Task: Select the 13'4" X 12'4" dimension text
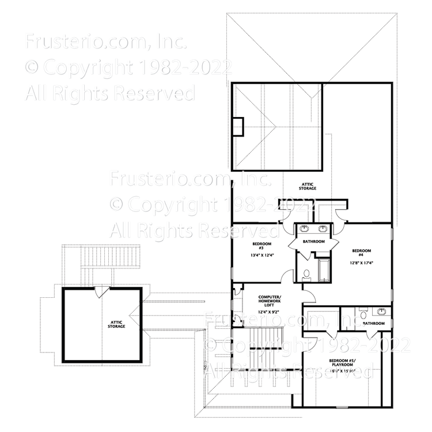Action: (255, 255)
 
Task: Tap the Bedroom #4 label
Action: (361, 253)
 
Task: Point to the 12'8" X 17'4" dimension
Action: (361, 263)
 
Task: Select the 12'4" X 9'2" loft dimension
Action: (256, 313)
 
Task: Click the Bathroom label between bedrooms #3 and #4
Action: (314, 241)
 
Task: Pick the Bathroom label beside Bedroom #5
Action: (374, 324)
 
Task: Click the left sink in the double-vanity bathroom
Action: (305, 228)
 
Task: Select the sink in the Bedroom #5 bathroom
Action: (381, 312)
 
